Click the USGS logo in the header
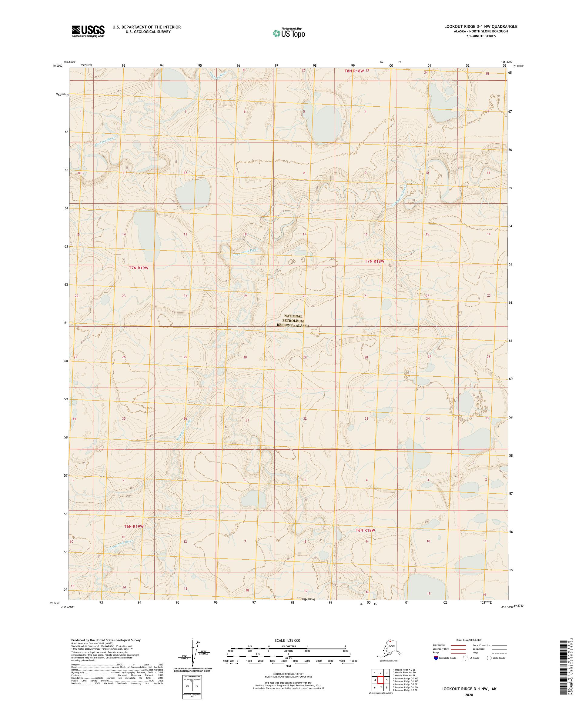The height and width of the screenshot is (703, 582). pyautogui.click(x=88, y=31)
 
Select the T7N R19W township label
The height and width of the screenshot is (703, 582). pyautogui.click(x=138, y=268)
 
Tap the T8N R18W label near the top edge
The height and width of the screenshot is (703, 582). pyautogui.click(x=354, y=71)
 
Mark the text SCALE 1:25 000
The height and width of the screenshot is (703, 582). pyautogui.click(x=287, y=640)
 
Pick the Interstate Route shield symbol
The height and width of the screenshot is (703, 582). pyautogui.click(x=436, y=658)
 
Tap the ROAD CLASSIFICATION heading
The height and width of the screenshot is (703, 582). pyautogui.click(x=469, y=640)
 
